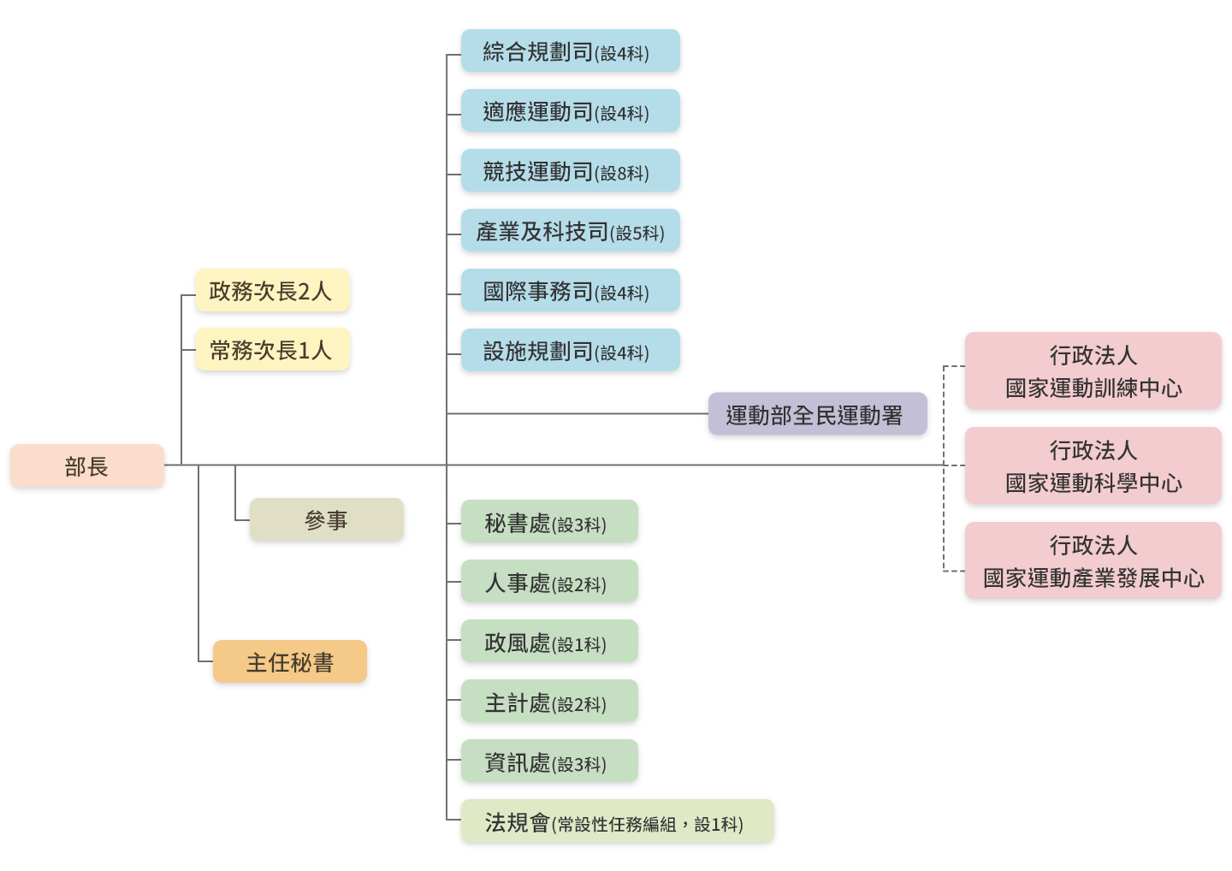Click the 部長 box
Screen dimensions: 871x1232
coord(86,466)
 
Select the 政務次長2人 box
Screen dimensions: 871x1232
coord(272,291)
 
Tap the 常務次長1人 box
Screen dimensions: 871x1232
coord(272,350)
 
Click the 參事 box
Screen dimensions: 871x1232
coord(326,520)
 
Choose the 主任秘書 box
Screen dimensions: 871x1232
coord(289,662)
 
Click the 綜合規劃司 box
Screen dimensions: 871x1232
coord(570,51)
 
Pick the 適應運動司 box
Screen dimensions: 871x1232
coord(570,111)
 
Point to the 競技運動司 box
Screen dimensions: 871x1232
coord(570,171)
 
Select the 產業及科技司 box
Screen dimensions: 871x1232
coord(570,231)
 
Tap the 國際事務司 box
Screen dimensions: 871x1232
coord(570,291)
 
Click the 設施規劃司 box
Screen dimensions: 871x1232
coord(570,351)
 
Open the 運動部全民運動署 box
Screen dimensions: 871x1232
coord(817,415)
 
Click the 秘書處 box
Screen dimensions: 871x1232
coord(549,522)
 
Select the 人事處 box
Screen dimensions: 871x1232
coord(549,582)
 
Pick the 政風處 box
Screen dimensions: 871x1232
coord(549,642)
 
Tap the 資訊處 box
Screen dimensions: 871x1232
coord(549,761)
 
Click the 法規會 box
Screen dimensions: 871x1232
coord(617,821)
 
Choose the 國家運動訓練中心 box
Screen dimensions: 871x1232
coord(1093,371)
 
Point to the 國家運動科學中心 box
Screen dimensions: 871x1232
coord(1093,466)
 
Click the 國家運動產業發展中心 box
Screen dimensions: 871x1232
coord(1093,561)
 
